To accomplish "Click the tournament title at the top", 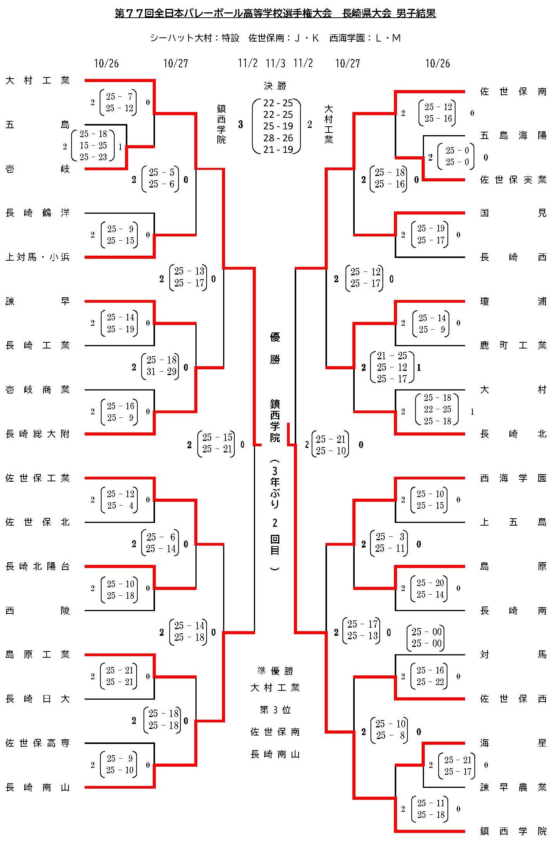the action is tap(275, 13).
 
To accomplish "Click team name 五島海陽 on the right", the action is tap(513, 136).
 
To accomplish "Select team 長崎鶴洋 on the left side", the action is tap(38, 213).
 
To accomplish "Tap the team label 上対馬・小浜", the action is tap(38, 257).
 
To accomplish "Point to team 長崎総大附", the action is tap(38, 434).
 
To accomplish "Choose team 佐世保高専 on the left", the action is tap(38, 743).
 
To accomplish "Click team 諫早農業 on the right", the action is tap(513, 787).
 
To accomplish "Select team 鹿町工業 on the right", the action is tap(513, 345).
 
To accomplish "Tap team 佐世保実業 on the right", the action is tap(513, 180).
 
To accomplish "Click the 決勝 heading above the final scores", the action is tap(275, 85).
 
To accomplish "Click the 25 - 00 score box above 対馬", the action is tap(426, 637).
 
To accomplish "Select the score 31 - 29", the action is tap(161, 372).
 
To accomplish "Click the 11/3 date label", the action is tap(275, 63).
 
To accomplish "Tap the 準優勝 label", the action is tap(275, 671).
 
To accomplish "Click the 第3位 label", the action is tap(275, 710).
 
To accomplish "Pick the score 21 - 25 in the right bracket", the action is tap(392, 356).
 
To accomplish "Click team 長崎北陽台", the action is tap(38, 566).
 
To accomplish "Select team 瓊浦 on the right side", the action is tap(513, 302).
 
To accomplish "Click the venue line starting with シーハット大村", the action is tap(275, 38).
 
